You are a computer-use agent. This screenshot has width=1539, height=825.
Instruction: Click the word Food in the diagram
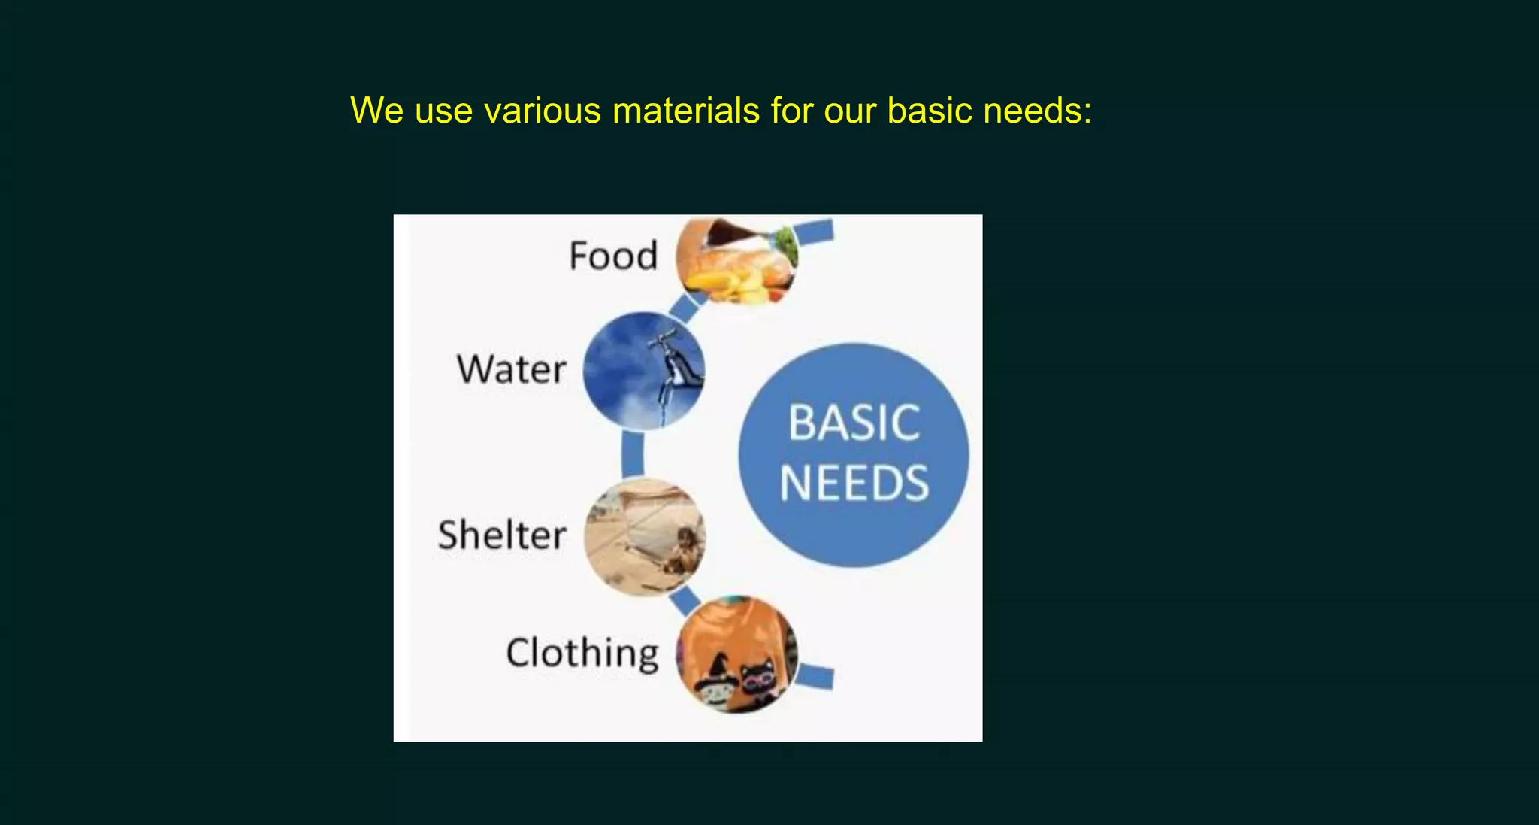pos(613,256)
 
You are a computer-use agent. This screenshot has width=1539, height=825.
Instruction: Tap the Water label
pos(511,369)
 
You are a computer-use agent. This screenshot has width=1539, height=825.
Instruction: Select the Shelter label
pos(502,535)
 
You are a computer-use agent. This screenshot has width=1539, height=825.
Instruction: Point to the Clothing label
pos(582,653)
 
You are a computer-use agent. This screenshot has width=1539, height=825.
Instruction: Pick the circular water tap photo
pos(644,370)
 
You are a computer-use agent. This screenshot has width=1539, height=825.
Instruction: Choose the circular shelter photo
pos(645,537)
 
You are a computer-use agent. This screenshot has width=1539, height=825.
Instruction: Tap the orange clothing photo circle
pos(736,654)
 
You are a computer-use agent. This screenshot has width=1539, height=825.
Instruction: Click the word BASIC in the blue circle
pos(854,423)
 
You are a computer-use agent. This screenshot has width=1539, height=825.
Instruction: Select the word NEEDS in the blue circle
pos(854,483)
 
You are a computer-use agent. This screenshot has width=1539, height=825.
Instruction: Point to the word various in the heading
pos(542,111)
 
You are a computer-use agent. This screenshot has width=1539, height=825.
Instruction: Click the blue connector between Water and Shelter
pos(633,453)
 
